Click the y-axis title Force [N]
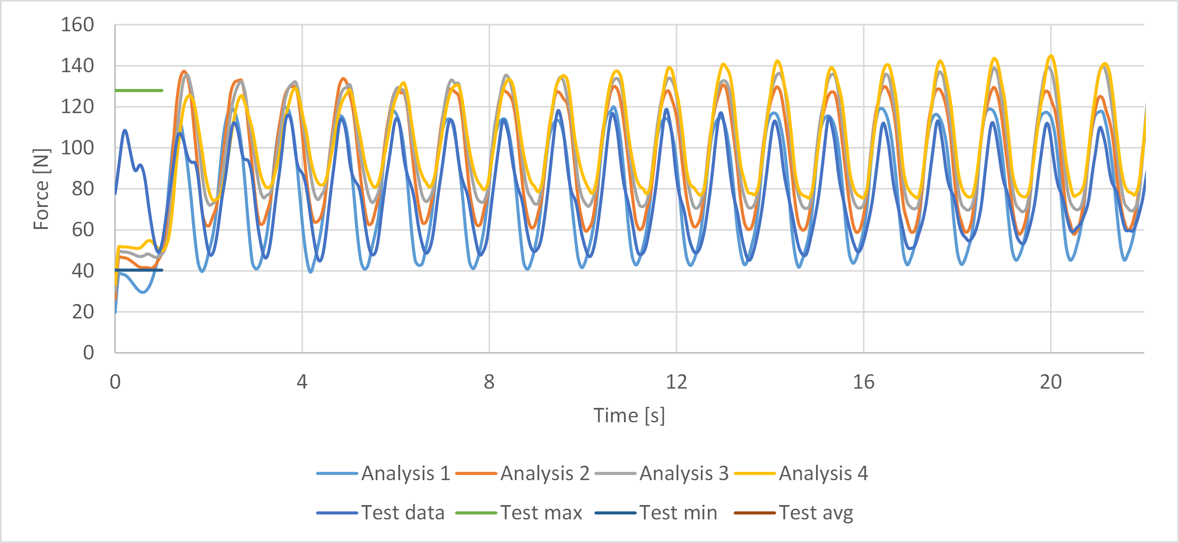coord(41,189)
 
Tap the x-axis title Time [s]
coord(629,415)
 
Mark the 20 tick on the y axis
coord(83,312)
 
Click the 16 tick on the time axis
coord(863,382)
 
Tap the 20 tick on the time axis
coord(1051,382)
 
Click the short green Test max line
coord(139,90)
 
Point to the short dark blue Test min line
coord(139,270)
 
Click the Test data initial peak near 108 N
coord(125,131)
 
